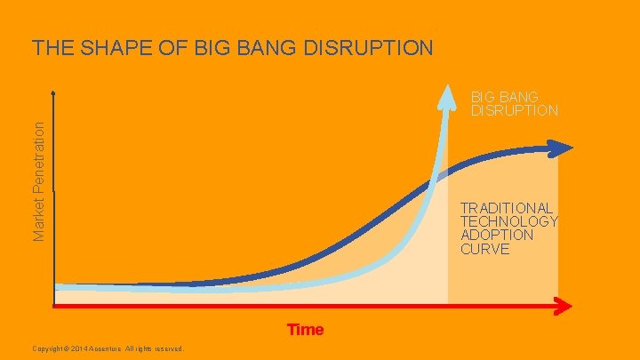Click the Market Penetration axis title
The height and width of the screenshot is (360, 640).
click(x=39, y=179)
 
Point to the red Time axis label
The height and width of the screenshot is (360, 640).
click(x=305, y=330)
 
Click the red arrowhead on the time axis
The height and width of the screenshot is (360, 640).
click(x=562, y=307)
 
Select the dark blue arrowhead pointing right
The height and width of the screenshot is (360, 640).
click(x=562, y=148)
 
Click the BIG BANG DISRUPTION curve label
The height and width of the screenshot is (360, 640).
click(x=514, y=103)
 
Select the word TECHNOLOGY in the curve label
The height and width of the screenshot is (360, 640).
click(x=508, y=221)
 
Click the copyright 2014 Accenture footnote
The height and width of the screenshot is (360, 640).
click(x=106, y=348)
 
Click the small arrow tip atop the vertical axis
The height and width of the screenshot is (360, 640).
click(x=54, y=92)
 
